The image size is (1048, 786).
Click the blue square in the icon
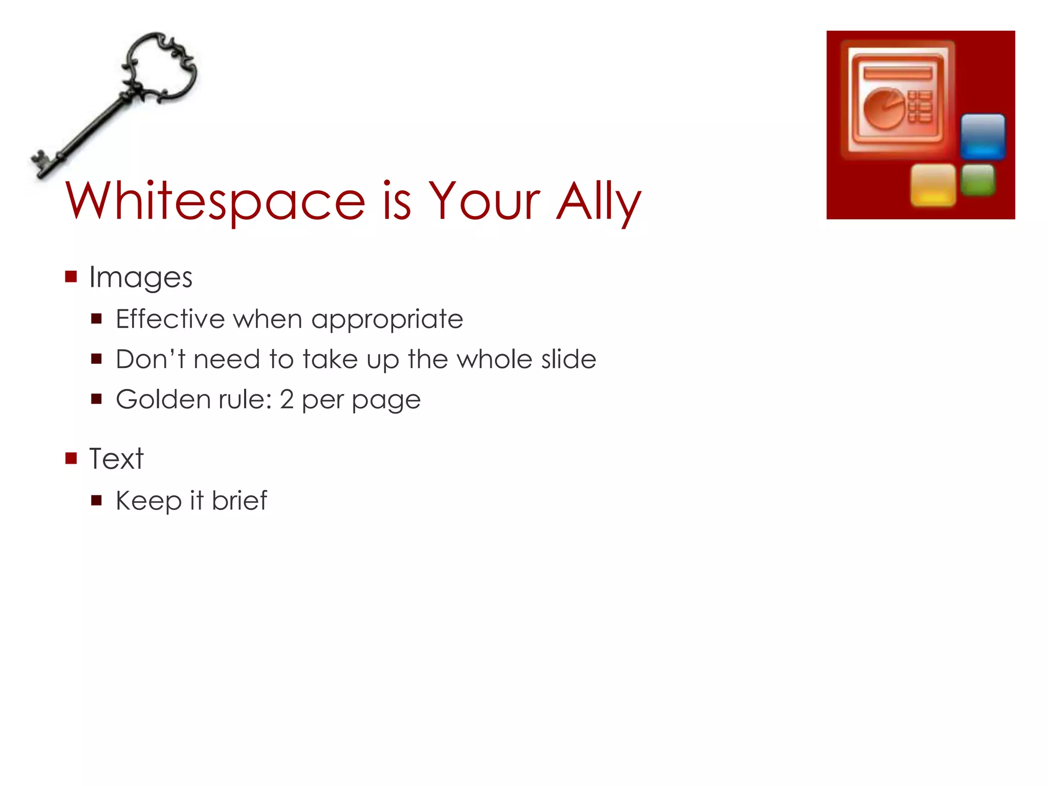[x=982, y=136]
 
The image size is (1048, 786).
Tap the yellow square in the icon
[x=933, y=185]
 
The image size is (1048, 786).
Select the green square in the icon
[x=978, y=180]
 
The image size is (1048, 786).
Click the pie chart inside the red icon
[x=884, y=108]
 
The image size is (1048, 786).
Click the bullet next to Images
[x=71, y=277]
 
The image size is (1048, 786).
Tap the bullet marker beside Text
[x=71, y=458]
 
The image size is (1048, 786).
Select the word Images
[x=141, y=278]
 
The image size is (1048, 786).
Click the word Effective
[x=170, y=319]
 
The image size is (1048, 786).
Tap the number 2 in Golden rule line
[x=287, y=399]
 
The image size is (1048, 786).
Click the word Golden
[x=163, y=399]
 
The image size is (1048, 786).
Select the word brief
[x=239, y=500]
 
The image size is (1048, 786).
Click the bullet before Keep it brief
[x=97, y=500]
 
